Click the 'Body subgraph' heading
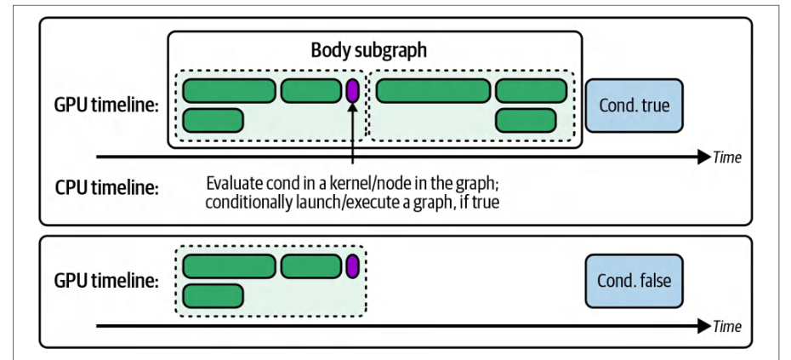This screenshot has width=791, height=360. click(x=369, y=50)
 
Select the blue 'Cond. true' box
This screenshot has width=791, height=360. click(x=635, y=105)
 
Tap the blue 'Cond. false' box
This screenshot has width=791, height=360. click(x=635, y=281)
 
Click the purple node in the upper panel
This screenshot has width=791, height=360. click(x=352, y=91)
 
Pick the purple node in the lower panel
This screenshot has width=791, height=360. click(x=352, y=266)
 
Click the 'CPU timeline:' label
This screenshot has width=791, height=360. click(x=106, y=188)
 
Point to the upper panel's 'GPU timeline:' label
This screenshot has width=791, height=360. click(x=106, y=106)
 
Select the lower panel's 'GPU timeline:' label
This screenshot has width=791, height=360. click(x=106, y=282)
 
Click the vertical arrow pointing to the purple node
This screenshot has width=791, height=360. click(x=352, y=134)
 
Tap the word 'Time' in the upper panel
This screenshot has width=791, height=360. click(x=727, y=157)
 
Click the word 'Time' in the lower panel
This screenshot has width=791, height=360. click(x=727, y=326)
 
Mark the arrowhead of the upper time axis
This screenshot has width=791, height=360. click(x=705, y=157)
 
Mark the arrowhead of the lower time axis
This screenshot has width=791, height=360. click(x=705, y=326)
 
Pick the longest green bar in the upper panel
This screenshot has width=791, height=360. click(x=433, y=91)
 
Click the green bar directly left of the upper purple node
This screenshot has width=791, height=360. click(x=311, y=91)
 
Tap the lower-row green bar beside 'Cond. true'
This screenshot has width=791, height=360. click(x=526, y=121)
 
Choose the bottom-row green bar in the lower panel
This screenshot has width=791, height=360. click(x=213, y=296)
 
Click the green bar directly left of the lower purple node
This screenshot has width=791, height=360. click(x=311, y=266)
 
